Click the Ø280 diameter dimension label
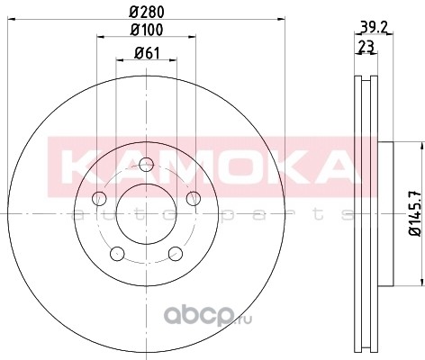[147, 12]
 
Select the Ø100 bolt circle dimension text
[147, 30]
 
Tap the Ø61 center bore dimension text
[147, 53]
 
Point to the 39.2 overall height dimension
[374, 28]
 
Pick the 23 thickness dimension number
[366, 47]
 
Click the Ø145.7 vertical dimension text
[416, 213]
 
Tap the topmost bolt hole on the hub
[147, 165]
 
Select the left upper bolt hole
[99, 198]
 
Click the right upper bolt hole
[194, 198]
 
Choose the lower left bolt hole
[117, 254]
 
